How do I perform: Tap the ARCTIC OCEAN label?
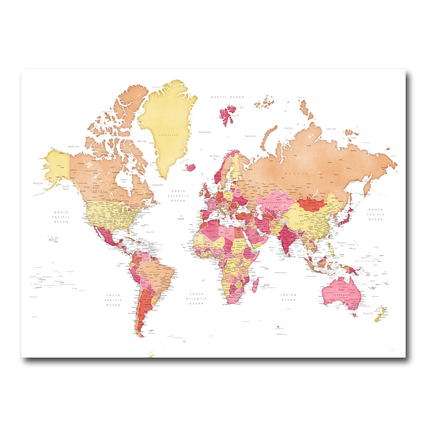228,97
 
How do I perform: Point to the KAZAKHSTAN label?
276,202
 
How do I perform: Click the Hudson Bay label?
124,180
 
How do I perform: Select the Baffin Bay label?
142,141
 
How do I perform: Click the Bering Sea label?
38,183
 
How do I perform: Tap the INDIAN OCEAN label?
288,297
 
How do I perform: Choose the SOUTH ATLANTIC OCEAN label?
196,299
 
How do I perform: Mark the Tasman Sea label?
368,313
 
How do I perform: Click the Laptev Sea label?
331,128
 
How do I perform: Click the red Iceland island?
191,167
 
